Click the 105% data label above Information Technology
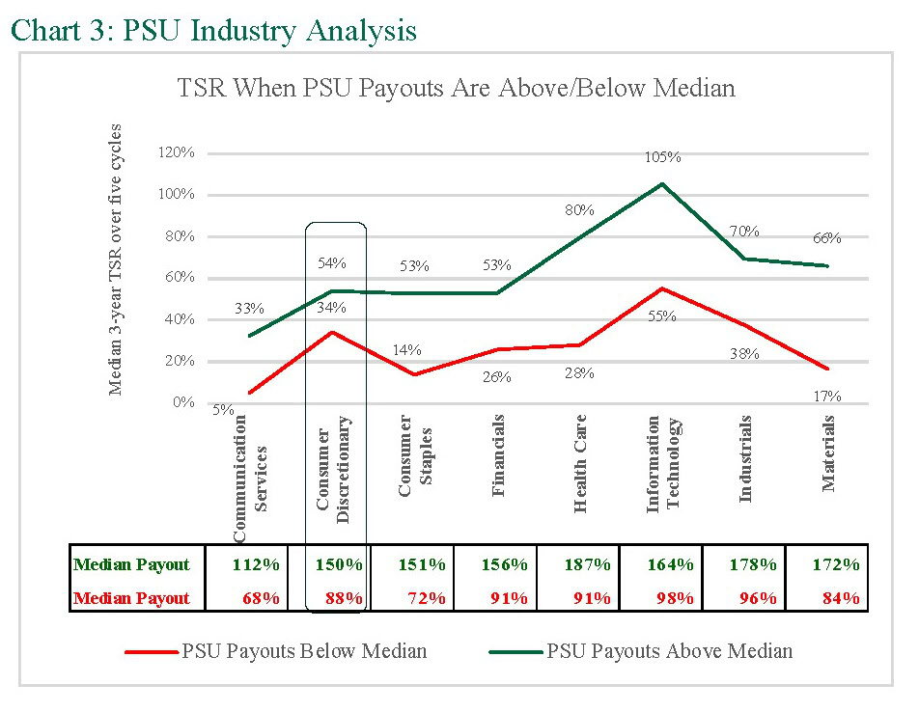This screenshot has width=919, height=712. (662, 157)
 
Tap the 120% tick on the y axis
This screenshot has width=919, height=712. (178, 153)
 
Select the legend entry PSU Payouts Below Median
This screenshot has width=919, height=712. (303, 651)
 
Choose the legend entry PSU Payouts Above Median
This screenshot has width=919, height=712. (669, 651)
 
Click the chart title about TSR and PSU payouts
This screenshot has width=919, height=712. (456, 89)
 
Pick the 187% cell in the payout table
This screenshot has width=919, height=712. (578, 564)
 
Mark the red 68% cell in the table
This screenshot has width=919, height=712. (259, 598)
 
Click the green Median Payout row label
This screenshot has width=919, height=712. (131, 564)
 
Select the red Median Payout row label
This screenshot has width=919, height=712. (131, 598)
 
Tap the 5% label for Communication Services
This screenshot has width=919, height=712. (223, 409)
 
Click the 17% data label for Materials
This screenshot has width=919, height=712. (827, 397)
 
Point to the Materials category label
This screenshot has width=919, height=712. (828, 453)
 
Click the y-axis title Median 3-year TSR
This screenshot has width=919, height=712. (117, 260)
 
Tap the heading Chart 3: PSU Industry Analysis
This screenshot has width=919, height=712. (213, 30)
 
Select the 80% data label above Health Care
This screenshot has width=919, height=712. (580, 210)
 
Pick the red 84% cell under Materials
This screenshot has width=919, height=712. (839, 598)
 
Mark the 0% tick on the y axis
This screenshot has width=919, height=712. (183, 402)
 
